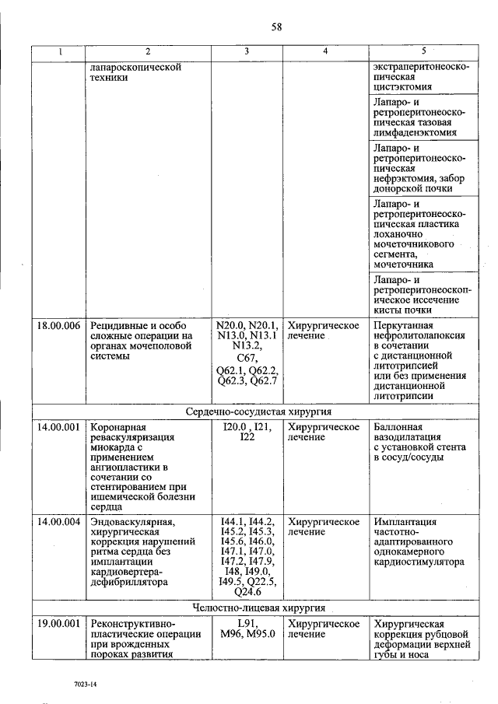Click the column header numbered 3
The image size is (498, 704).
[247, 51]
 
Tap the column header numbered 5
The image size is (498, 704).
[423, 51]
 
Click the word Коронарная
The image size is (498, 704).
[117, 427]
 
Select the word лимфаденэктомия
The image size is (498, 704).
[414, 132]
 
